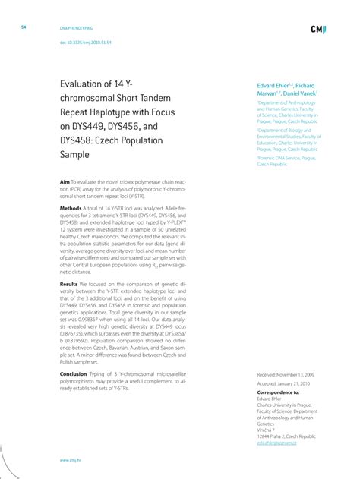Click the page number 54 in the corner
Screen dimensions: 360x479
24,27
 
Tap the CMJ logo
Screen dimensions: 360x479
319,29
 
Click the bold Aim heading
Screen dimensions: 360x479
65,183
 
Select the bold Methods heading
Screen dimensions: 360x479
71,207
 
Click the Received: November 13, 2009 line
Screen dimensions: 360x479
291,374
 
